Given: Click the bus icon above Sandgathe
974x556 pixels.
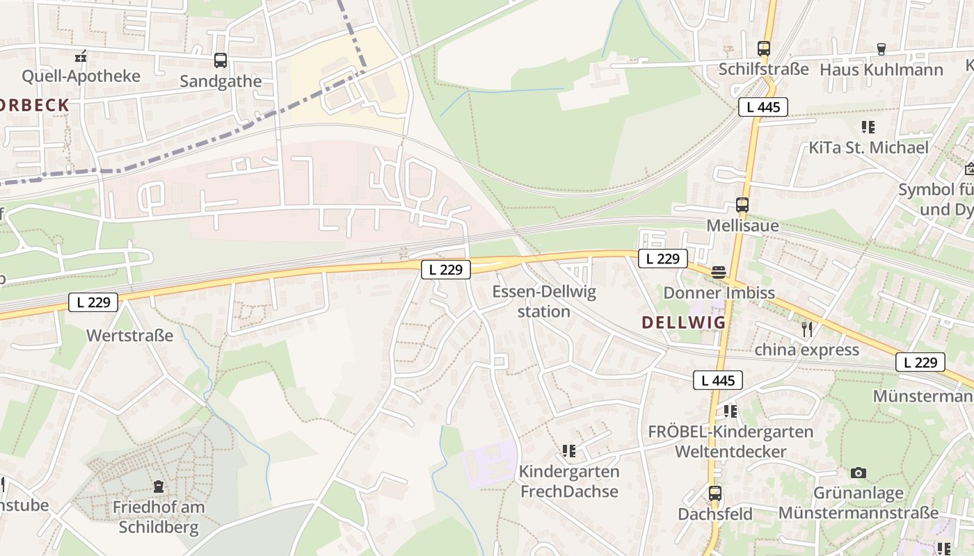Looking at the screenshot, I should coord(221,60).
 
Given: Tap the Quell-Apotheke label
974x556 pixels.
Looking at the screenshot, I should coord(81,76).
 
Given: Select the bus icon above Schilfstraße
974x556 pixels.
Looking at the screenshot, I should coord(764,49).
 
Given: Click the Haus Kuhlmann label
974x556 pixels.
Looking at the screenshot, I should coord(881,69).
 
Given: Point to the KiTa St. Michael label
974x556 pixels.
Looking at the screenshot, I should coord(868,147).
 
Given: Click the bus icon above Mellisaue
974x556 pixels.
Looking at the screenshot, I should coord(742,205).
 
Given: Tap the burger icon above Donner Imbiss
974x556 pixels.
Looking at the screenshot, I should coord(719,272).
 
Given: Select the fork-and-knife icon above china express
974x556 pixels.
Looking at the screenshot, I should coord(807,329).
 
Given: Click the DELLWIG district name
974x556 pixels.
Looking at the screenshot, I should coord(683,322).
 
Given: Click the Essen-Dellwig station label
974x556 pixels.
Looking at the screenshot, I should coord(544,301).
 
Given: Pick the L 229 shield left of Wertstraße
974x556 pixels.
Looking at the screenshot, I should coord(93,302).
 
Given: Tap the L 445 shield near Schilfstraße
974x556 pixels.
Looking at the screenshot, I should coord(763,107).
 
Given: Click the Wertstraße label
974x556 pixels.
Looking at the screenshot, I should coord(129,336).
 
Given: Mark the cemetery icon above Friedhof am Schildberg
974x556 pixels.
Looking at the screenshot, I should coord(159,486).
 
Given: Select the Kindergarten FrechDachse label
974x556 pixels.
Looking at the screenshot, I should coord(568,481).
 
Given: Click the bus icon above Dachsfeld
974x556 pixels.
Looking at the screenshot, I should coord(714,493).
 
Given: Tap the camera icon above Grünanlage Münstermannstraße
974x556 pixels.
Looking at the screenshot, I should coord(859,473).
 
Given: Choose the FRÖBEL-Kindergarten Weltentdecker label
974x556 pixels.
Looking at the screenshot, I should coord(730,441).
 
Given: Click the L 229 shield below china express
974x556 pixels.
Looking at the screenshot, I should coord(920,362).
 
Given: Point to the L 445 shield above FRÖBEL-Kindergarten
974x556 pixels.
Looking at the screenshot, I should coord(717,380).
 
